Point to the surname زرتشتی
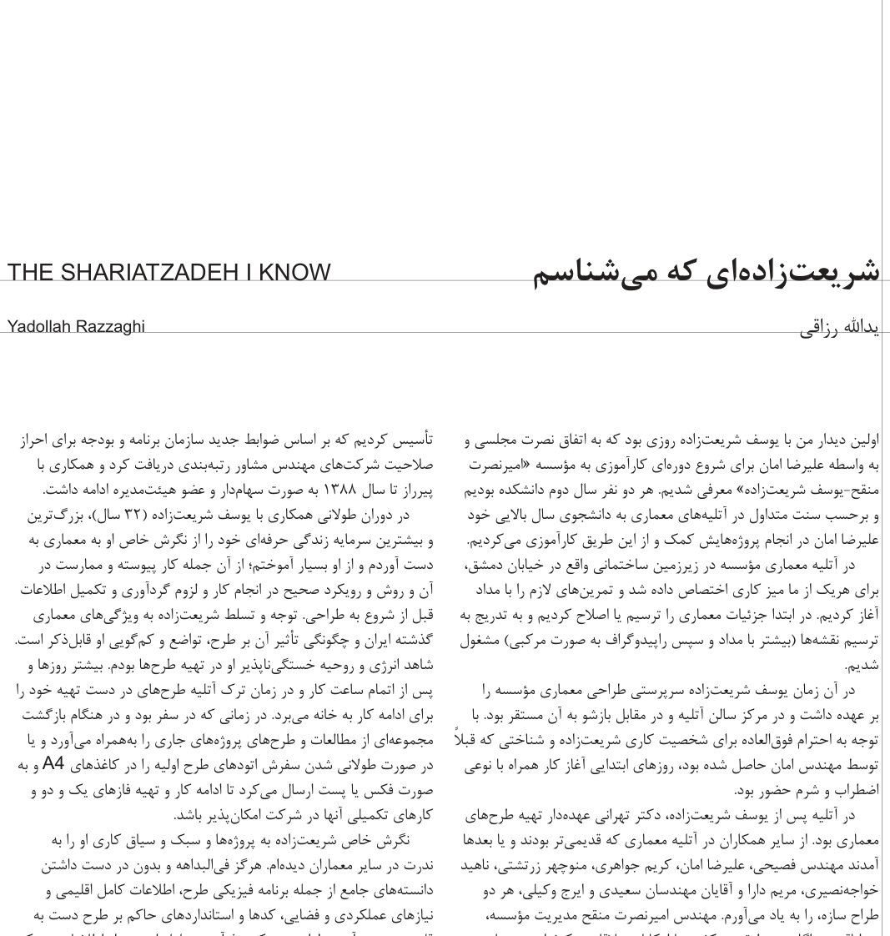pyautogui.click(x=581, y=865)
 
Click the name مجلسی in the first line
pyautogui.click(x=487, y=440)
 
